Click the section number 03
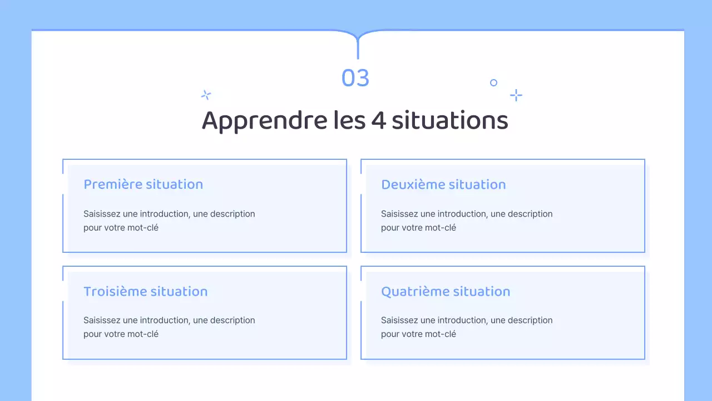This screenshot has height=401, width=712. click(x=355, y=79)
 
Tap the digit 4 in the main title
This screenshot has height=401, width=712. click(x=378, y=121)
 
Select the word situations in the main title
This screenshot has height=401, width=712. click(x=449, y=121)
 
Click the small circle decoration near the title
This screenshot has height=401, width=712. click(x=493, y=83)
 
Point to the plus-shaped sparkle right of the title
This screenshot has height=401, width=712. click(x=516, y=95)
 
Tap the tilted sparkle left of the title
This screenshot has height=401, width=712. click(x=206, y=95)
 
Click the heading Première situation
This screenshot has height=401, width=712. click(x=143, y=184)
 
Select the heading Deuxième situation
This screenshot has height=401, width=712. click(x=443, y=184)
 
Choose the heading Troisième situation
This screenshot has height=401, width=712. click(x=145, y=291)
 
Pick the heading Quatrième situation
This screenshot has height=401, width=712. click(x=445, y=291)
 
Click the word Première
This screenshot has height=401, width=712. click(x=112, y=184)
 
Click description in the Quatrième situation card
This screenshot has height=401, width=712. click(x=530, y=320)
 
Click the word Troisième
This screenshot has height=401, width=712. click(x=115, y=291)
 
